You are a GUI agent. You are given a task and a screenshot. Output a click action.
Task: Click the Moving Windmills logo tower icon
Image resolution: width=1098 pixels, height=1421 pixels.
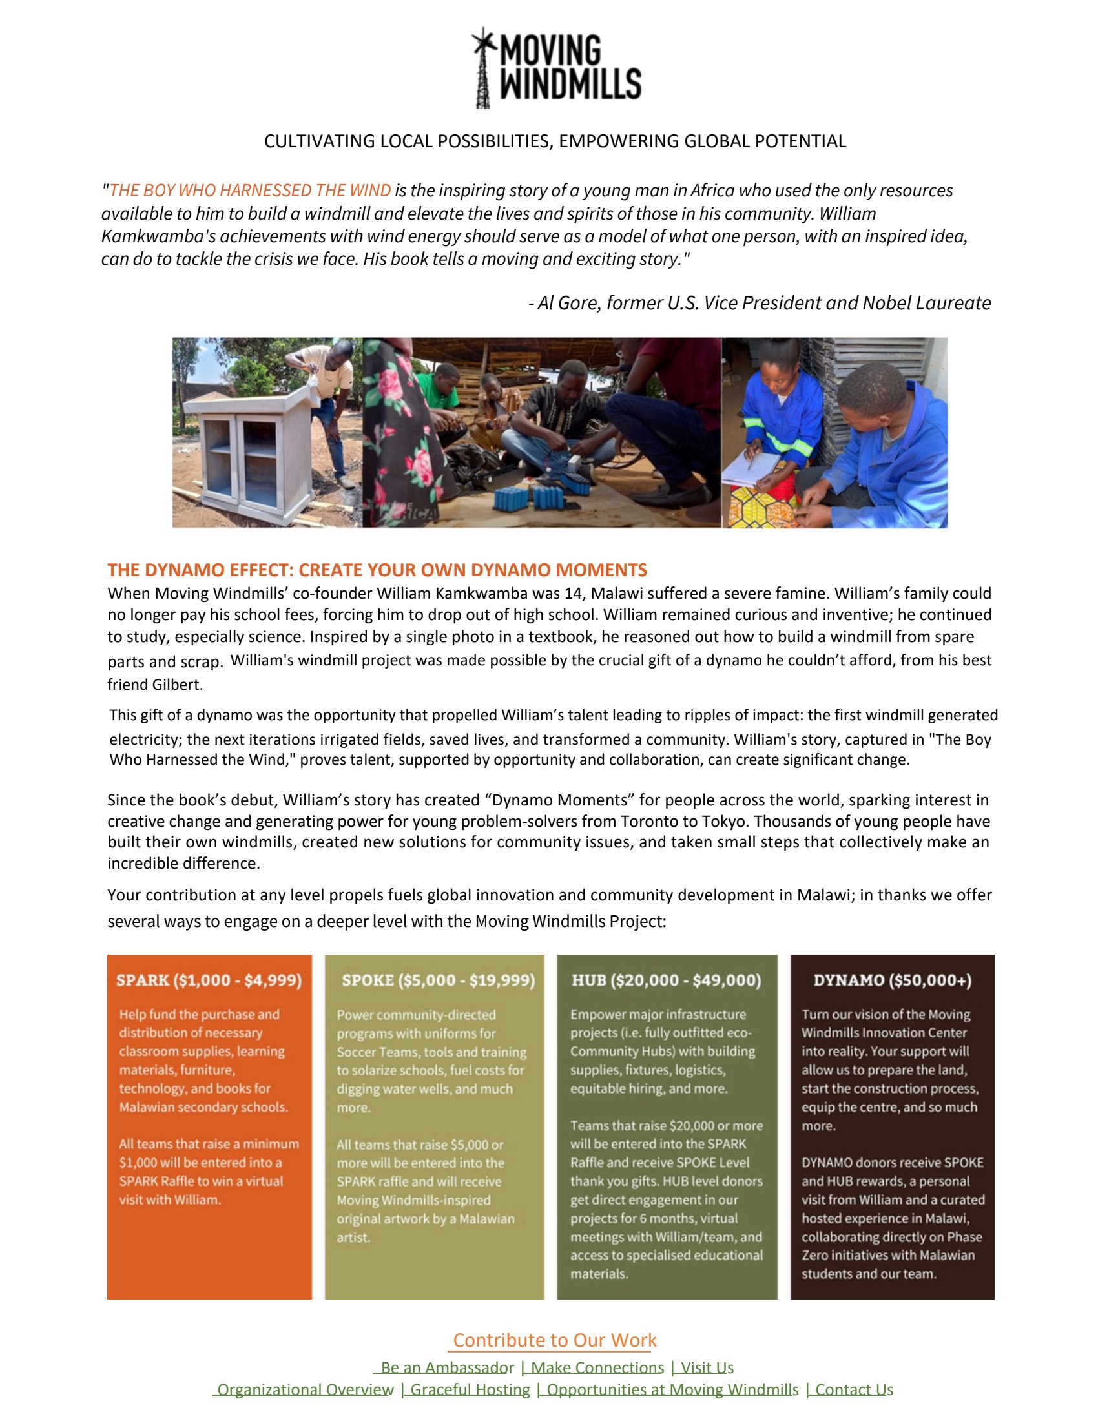pos(482,68)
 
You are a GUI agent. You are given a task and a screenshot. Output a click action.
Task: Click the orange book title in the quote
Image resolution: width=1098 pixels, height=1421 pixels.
pos(250,190)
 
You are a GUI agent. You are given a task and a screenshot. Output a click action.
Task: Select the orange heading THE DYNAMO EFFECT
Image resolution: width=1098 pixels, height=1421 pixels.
pos(377,570)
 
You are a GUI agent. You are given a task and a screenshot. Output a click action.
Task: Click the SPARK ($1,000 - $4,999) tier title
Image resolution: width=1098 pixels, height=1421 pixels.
pos(209,980)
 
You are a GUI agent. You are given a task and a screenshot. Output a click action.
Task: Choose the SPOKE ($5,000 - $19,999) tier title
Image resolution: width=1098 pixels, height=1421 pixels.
pos(438,980)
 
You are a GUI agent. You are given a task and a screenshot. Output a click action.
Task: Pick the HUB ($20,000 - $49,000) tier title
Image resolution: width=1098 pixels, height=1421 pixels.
pos(665,980)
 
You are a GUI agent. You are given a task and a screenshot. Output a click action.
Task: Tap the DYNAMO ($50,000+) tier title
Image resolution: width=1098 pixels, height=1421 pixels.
pos(892,980)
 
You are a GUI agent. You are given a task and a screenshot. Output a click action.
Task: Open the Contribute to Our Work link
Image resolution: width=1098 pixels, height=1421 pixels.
pos(555,1340)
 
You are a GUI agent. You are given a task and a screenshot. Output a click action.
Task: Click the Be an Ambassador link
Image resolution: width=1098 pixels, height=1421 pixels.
pos(447,1367)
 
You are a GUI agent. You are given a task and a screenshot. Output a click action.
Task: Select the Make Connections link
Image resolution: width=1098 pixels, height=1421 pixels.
pos(597,1367)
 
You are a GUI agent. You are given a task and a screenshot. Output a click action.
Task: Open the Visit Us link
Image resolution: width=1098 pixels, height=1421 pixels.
pos(707,1367)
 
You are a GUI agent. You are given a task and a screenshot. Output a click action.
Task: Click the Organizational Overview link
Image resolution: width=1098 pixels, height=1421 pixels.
pos(305,1390)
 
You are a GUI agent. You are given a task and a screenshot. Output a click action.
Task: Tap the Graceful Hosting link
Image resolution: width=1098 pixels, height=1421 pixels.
pos(470,1390)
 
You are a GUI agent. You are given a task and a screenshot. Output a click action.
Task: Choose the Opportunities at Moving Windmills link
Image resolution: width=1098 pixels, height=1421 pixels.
pos(672,1390)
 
